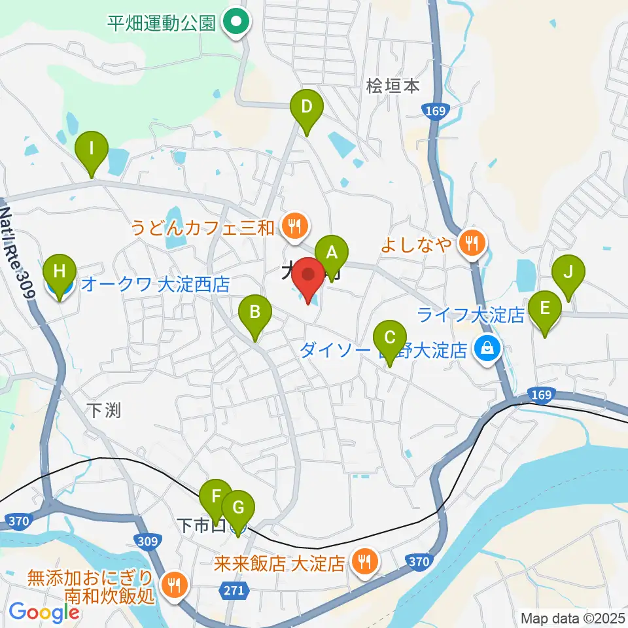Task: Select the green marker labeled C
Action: (389, 338)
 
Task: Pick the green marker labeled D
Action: (306, 106)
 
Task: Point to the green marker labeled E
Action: (544, 307)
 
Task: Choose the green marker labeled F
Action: (215, 496)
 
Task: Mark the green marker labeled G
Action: (238, 507)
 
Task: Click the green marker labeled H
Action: (60, 271)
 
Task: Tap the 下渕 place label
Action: (104, 410)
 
